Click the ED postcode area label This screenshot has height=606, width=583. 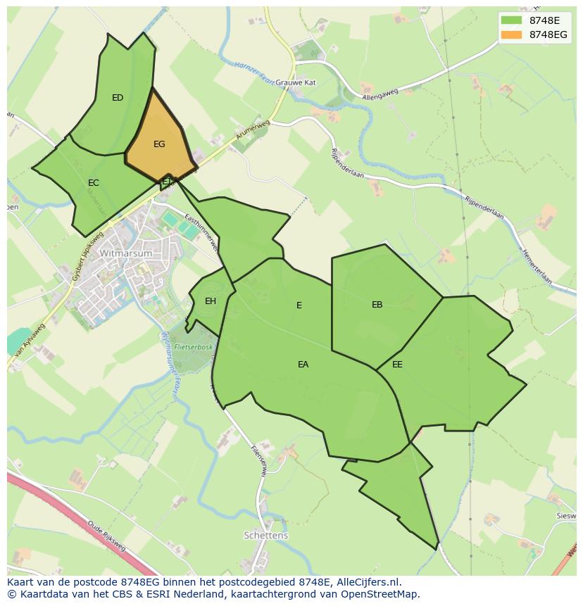click(118, 98)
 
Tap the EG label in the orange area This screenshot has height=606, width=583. click(159, 144)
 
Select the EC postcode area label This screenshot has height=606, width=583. click(94, 183)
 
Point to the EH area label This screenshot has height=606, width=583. click(211, 301)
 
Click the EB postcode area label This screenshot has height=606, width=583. click(377, 305)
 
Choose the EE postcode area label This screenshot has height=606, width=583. click(397, 365)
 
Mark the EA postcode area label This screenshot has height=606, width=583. click(303, 365)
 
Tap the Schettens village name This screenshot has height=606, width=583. click(265, 536)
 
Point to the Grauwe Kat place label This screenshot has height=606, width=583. click(295, 82)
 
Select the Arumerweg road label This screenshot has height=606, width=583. click(234, 135)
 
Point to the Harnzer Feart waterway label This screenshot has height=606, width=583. click(253, 70)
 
